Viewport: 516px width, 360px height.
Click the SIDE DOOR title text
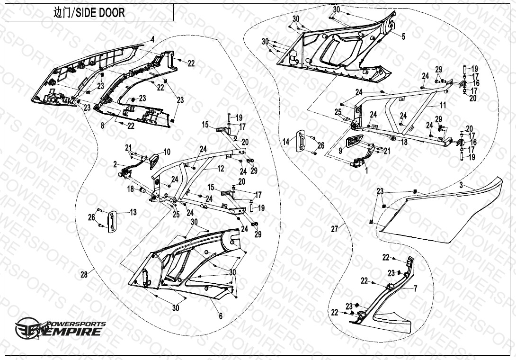[x=89, y=13]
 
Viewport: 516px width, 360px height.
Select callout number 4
[x=153, y=38]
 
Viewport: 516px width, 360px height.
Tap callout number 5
[x=403, y=36]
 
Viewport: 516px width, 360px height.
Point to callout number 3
[x=461, y=186]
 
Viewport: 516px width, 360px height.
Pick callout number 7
[x=415, y=288]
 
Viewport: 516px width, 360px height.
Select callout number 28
[x=84, y=274]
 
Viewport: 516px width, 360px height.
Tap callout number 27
[x=335, y=229]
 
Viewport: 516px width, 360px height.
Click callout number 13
[x=133, y=213]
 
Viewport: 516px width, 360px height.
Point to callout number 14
[x=286, y=142]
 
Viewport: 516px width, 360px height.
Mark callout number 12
[x=221, y=168]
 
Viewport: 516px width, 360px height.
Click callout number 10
[x=167, y=152]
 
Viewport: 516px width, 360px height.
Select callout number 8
[x=103, y=126]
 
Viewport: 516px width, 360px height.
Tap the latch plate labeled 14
[x=301, y=141]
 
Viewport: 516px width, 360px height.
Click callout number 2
[x=115, y=164]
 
